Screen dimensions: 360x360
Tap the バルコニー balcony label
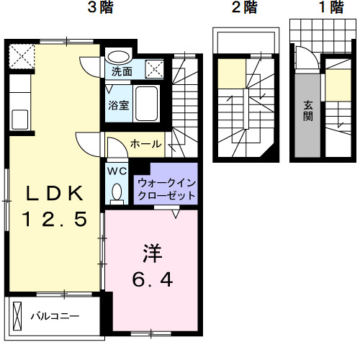pos(54,315)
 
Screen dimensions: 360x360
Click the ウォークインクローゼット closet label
pos(166,189)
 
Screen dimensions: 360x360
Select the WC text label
pos(117,171)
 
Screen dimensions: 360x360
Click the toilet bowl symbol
pos(117,193)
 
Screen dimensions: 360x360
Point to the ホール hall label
pos(145,144)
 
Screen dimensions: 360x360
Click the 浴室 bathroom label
pos(119,105)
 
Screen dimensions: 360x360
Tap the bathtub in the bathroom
pos(149,104)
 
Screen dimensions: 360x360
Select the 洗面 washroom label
pos(122,71)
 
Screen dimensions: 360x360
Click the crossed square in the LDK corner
pos(22,55)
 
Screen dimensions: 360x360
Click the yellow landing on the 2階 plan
pos(232,73)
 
